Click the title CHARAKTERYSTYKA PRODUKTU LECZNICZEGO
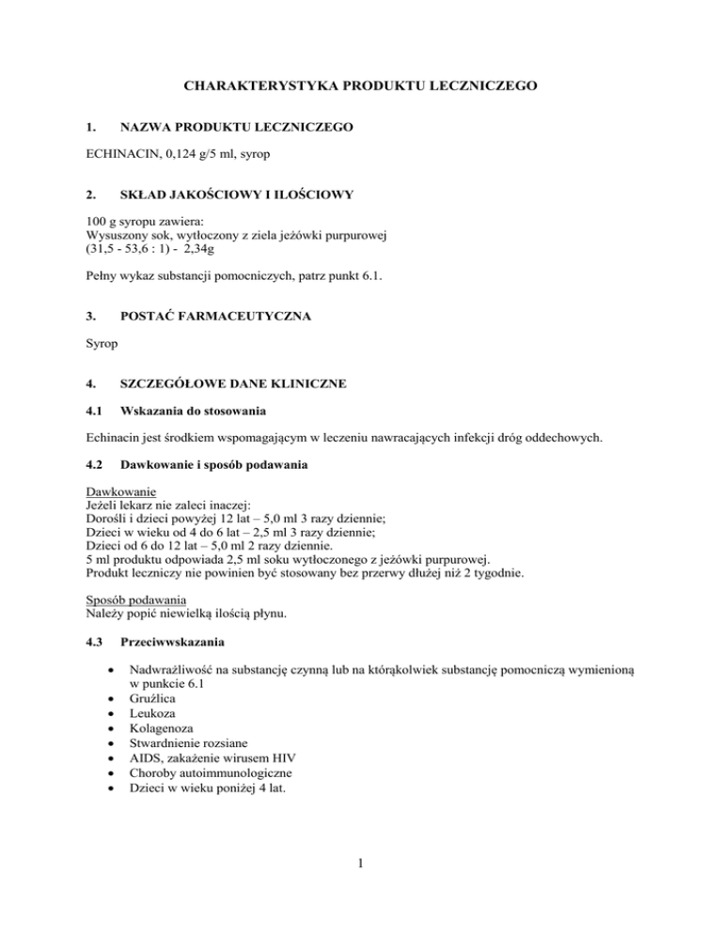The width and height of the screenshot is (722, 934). click(x=361, y=86)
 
